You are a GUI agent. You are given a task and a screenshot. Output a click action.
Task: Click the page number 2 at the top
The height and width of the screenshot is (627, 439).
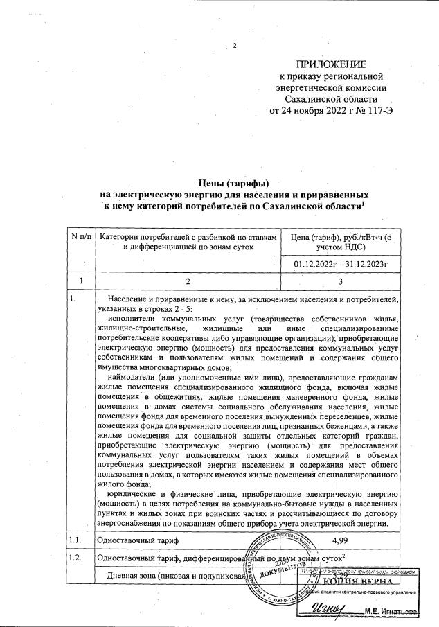235,46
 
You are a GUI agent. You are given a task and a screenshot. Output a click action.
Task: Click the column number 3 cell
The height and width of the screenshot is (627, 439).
339,282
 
